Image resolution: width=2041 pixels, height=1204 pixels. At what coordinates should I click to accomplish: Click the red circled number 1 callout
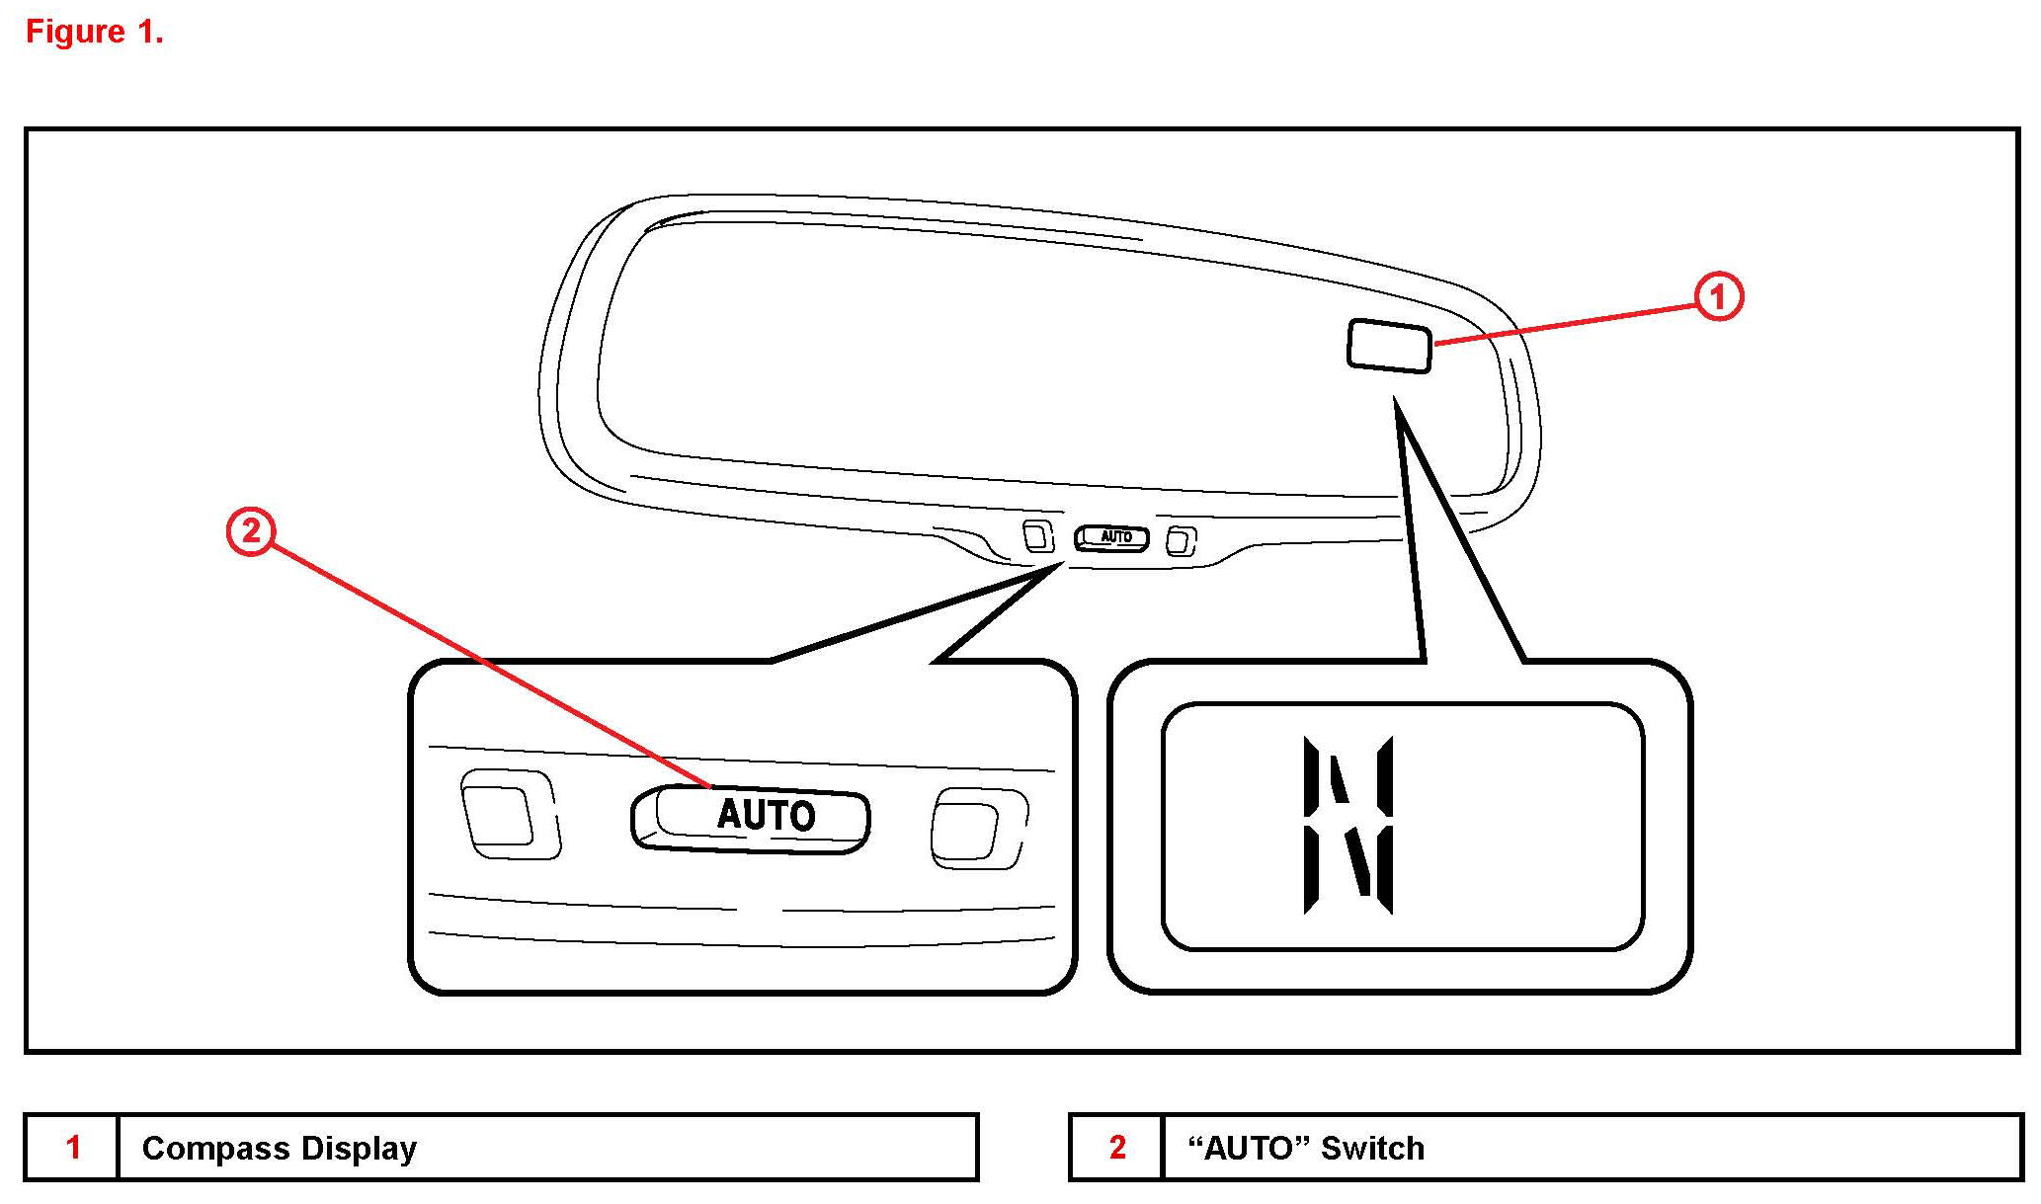click(1719, 296)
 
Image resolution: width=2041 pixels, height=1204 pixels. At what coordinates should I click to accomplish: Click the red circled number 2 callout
click(251, 531)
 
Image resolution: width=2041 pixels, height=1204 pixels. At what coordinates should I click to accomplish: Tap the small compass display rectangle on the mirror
click(1389, 346)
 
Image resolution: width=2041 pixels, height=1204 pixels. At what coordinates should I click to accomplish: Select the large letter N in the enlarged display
click(1348, 825)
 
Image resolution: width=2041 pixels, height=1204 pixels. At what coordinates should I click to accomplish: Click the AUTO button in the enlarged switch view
click(752, 817)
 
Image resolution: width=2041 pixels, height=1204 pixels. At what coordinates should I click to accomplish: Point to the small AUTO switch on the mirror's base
click(1112, 537)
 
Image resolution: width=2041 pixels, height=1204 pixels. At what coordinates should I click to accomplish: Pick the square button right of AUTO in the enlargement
click(972, 829)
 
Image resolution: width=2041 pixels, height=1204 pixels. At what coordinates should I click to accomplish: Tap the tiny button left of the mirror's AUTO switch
click(1036, 535)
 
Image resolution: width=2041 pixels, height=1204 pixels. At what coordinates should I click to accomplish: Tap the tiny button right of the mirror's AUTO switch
click(1180, 541)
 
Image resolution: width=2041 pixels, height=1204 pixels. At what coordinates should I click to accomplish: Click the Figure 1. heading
click(94, 32)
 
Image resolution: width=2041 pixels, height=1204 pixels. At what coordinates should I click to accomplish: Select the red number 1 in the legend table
click(73, 1148)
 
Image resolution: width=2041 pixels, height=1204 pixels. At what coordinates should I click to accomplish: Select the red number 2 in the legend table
click(1117, 1148)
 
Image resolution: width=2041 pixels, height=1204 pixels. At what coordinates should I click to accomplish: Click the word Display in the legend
click(359, 1149)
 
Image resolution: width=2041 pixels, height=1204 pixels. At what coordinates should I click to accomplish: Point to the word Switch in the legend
click(1372, 1149)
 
